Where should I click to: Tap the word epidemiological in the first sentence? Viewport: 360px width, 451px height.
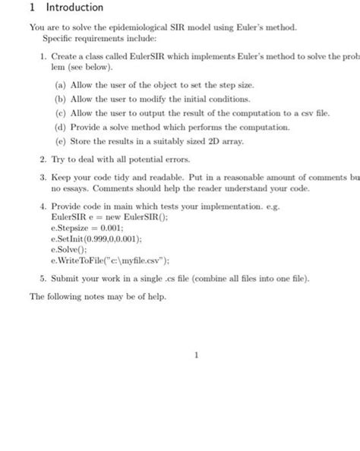pyautogui.click(x=131, y=27)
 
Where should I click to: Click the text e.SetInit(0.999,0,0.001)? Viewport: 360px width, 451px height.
pyautogui.click(x=92, y=237)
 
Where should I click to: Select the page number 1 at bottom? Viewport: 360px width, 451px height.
pyautogui.click(x=196, y=354)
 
